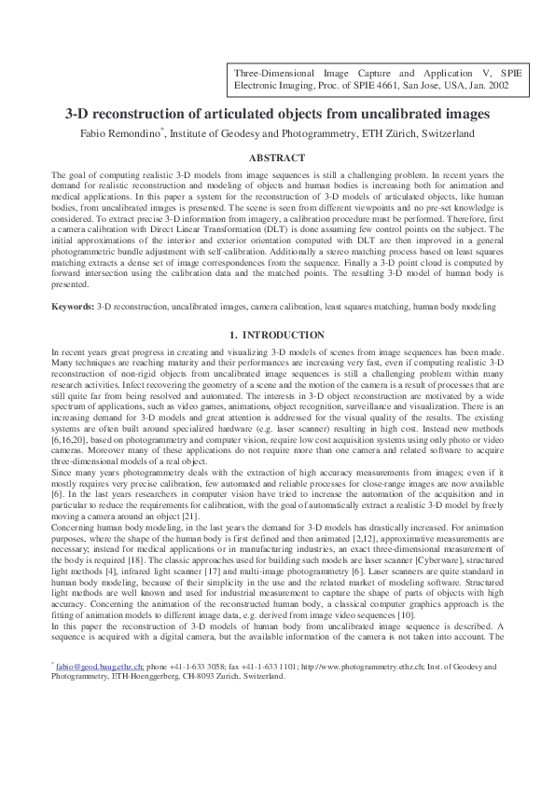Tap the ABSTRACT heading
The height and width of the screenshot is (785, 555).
click(277, 158)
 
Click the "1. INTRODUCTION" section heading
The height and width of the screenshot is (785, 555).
click(277, 334)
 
